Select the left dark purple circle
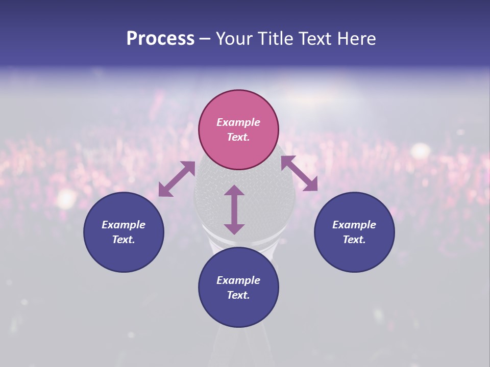pos(124,232)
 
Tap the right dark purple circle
pos(354,232)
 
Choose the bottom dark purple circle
pos(238,287)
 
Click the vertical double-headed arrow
pos(234,209)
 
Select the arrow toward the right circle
pos(299,173)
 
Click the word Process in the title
pos(160,39)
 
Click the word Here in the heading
pos(356,39)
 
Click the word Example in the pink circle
pos(238,122)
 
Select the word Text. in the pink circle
pos(238,137)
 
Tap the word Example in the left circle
pos(124,225)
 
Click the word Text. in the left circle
pos(124,240)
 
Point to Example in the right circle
pos(354,225)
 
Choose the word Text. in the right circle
pos(354,240)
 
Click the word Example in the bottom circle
pos(238,280)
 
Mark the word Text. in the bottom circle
pos(238,295)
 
